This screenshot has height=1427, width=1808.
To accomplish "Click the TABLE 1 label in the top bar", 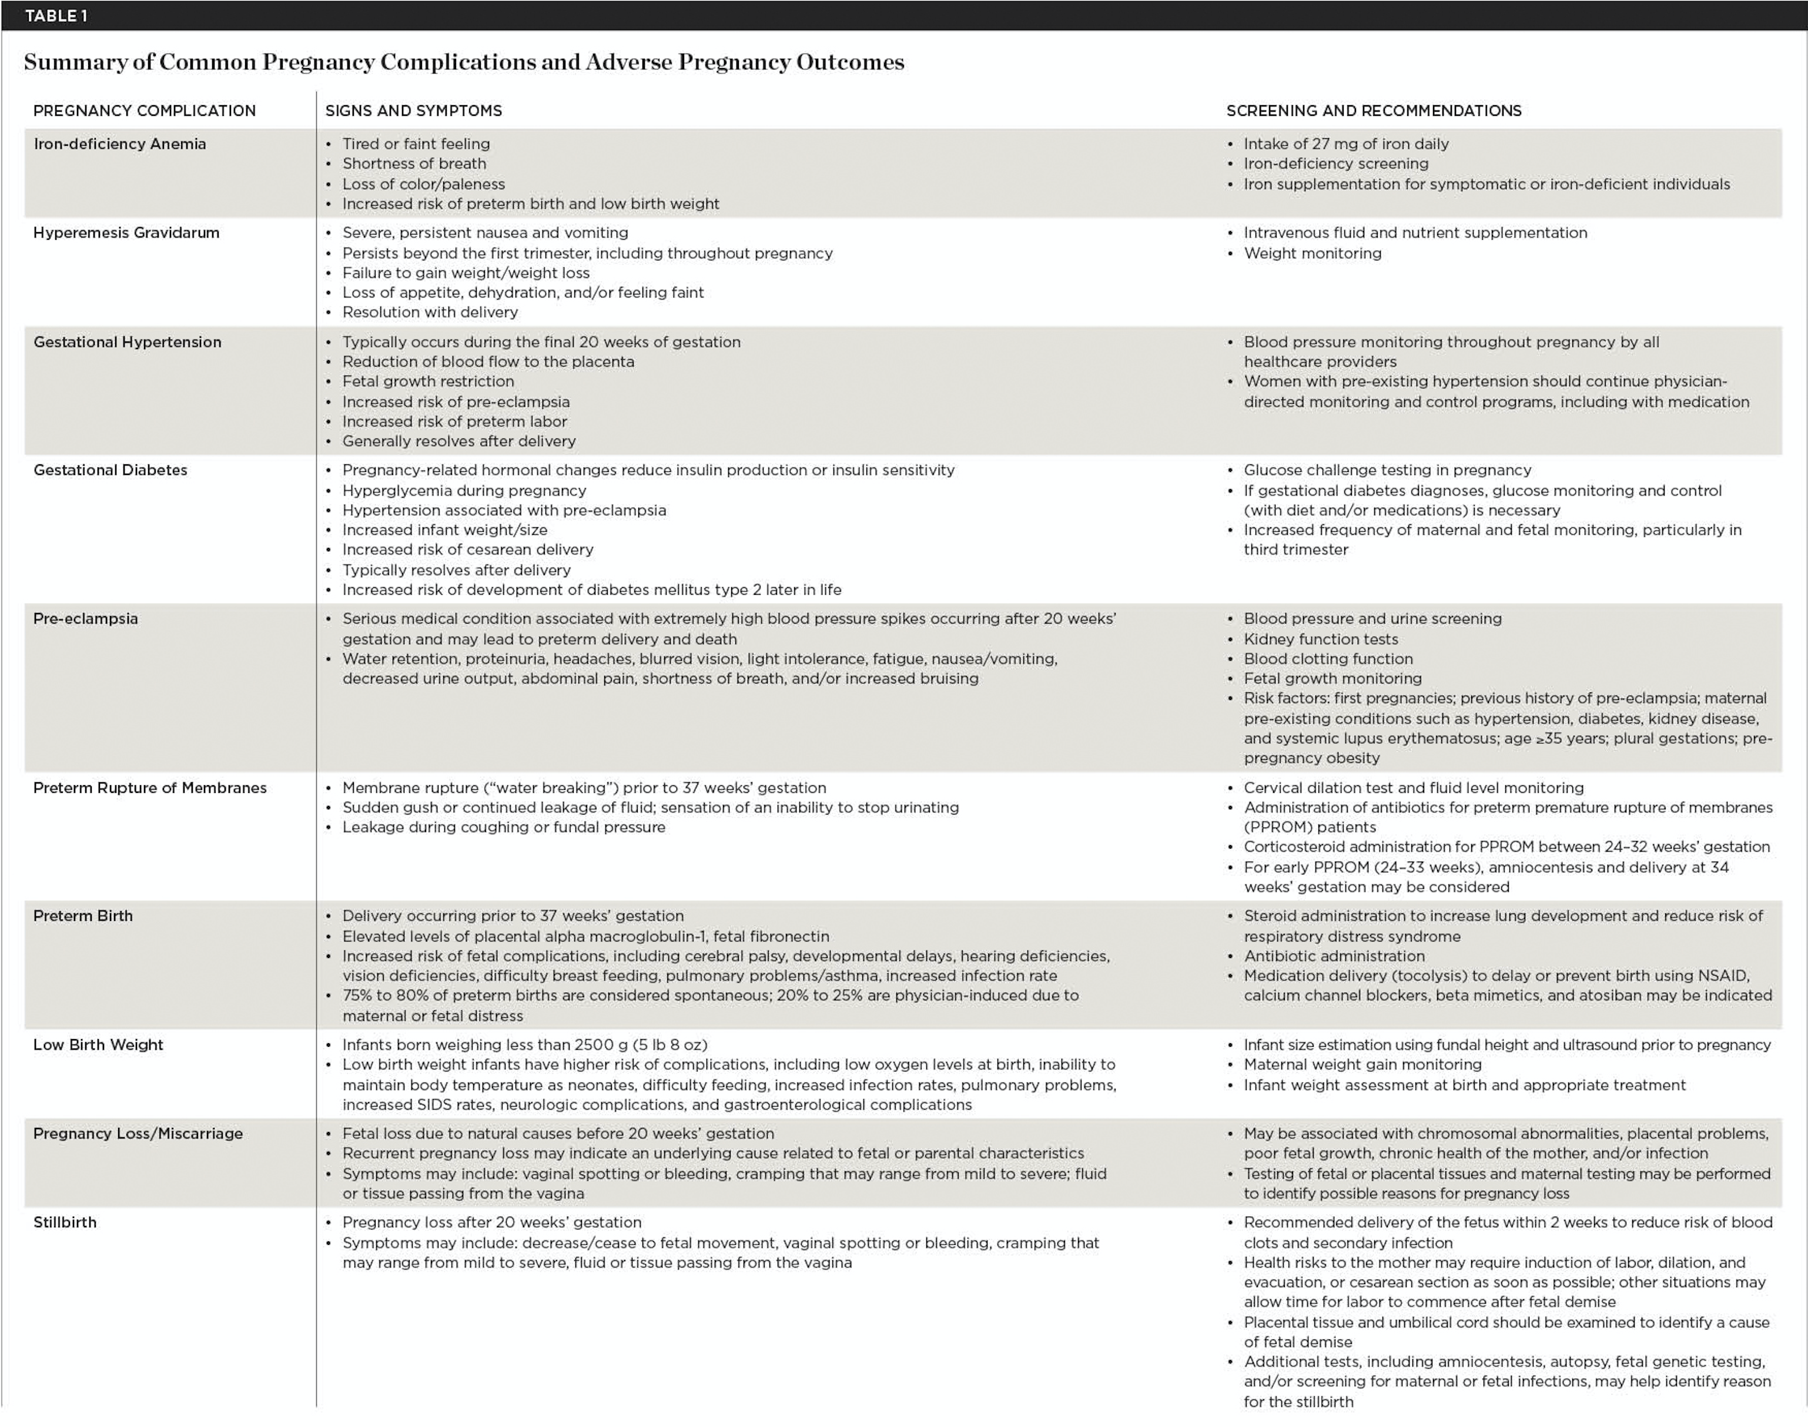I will (x=56, y=16).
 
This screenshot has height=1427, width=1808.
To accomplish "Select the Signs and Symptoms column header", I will (x=414, y=110).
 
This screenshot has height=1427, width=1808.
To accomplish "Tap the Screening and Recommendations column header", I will (x=1374, y=110).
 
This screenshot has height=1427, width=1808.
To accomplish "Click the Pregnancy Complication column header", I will (x=145, y=110).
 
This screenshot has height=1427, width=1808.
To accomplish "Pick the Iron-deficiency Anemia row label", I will (x=119, y=144).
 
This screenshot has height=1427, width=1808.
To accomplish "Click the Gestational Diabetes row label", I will (x=111, y=470).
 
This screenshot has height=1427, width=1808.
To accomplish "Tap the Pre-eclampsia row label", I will (x=85, y=618).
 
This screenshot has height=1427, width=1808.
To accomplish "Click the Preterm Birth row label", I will (x=83, y=916).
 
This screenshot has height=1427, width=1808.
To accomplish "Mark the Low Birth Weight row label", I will (x=98, y=1044).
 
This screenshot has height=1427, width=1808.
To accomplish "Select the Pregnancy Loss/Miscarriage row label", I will (x=138, y=1133).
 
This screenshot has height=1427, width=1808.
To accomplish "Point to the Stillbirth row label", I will (x=64, y=1222).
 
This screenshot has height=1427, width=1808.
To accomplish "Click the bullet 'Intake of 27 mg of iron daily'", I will (x=1346, y=144).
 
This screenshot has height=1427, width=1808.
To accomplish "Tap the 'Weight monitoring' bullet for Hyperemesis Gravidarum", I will (x=1312, y=253).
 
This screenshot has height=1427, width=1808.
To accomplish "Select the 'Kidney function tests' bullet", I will (x=1320, y=639).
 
